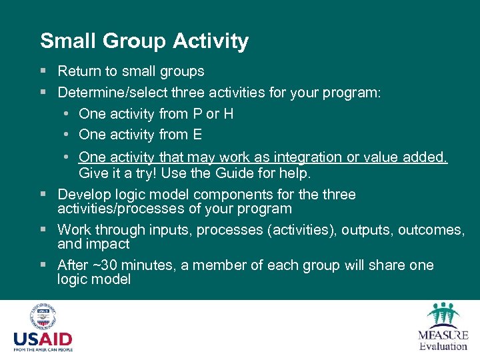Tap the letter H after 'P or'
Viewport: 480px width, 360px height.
(228, 114)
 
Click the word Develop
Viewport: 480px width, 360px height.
(83, 195)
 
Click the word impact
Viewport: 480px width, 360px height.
(107, 244)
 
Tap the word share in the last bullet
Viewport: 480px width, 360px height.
(387, 265)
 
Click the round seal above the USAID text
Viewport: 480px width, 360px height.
(43, 317)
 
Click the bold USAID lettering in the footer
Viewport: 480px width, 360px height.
(43, 339)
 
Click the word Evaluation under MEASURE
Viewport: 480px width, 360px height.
(443, 346)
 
